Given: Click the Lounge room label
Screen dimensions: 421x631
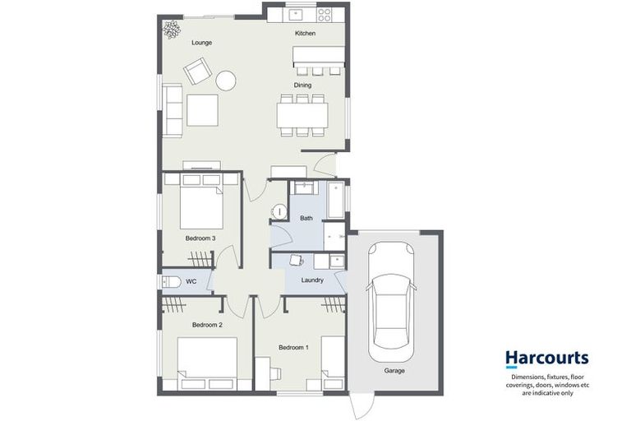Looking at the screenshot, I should tap(201, 42).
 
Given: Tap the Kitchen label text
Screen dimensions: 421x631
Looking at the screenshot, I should tap(305, 34).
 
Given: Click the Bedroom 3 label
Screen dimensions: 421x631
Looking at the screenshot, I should tap(200, 238).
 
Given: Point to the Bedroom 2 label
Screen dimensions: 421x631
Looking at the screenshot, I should tap(207, 325).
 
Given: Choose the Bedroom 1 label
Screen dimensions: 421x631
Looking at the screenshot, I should tap(293, 348).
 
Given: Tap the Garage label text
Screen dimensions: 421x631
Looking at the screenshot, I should tap(394, 371).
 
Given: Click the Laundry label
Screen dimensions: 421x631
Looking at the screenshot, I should tap(312, 280).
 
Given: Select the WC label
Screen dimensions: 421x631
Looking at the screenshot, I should tap(191, 282).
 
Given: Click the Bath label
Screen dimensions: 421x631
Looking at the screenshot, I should tap(306, 218).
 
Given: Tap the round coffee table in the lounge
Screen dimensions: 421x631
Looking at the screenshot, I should tap(226, 80).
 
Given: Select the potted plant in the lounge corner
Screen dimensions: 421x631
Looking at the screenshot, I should tap(171, 30).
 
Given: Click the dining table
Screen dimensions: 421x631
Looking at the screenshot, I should tap(302, 114).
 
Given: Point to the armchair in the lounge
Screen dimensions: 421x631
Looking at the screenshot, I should tap(197, 72).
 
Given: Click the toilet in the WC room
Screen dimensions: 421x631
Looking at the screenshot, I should tap(170, 282).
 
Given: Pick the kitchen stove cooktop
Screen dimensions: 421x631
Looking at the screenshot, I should tap(325, 14).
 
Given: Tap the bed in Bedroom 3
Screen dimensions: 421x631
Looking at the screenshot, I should tap(201, 204).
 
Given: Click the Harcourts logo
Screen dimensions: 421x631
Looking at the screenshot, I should tap(546, 359).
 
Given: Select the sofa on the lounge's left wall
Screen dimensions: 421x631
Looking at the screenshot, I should tap(173, 110).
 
